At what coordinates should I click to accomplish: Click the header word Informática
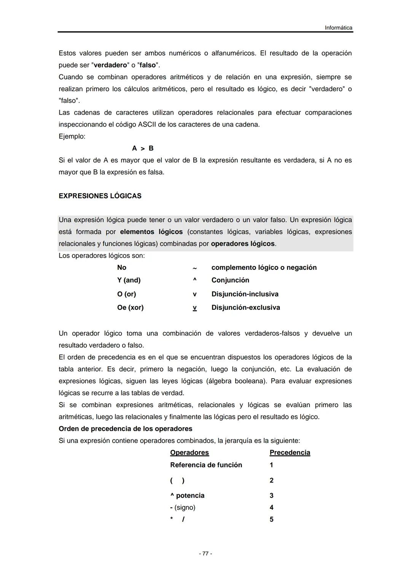[338, 28]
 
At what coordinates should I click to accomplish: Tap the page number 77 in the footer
[205, 554]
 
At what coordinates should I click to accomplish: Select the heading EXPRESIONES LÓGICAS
[100, 196]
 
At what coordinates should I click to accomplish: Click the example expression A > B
[143, 148]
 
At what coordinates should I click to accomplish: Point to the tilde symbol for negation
[194, 268]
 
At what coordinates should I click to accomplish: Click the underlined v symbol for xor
[194, 307]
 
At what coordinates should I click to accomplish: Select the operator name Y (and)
[129, 280]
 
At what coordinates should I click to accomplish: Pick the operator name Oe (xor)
[130, 307]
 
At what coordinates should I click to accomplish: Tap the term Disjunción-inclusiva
[245, 294]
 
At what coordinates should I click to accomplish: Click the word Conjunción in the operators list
[230, 280]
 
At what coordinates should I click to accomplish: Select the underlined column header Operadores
[190, 452]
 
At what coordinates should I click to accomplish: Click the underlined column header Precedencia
[290, 452]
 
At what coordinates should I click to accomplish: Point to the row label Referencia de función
[206, 465]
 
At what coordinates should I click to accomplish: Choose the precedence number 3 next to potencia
[271, 495]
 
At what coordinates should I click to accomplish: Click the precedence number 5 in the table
[271, 519]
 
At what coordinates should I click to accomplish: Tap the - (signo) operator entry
[183, 508]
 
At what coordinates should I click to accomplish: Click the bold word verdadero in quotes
[110, 65]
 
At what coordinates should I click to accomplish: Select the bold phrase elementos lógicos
[151, 232]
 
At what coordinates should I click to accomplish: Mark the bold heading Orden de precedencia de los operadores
[125, 429]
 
